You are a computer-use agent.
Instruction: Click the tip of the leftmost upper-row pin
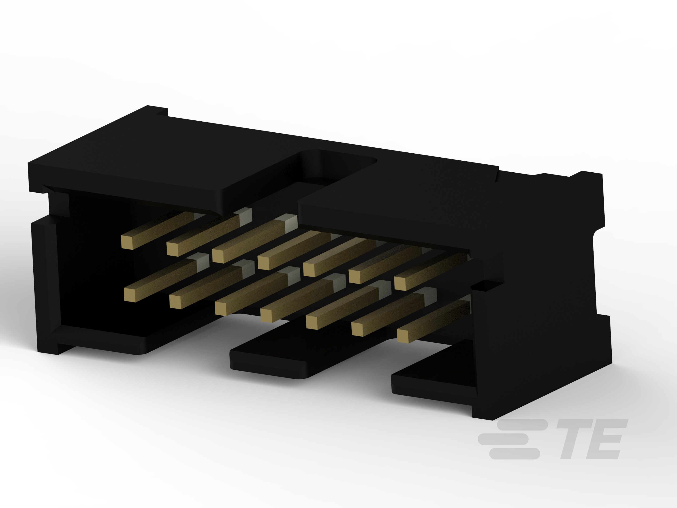(x=128, y=242)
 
